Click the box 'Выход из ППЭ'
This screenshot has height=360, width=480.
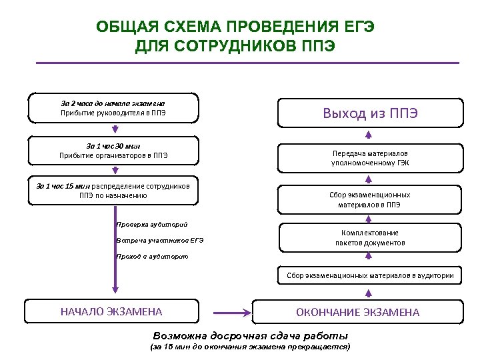370,113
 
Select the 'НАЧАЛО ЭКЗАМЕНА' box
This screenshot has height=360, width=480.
111,311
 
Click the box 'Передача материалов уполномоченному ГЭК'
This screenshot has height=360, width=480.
370,157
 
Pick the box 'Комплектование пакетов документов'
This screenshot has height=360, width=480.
370,238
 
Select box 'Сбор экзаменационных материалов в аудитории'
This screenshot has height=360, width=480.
370,275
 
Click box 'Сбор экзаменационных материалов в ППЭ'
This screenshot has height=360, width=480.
370,199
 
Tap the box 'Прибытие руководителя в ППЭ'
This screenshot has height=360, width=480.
113,108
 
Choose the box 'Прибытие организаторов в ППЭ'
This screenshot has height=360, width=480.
113,151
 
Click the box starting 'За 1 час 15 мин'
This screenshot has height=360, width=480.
113,191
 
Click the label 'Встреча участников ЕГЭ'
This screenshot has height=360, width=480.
160,240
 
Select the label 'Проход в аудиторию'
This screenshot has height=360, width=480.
152,256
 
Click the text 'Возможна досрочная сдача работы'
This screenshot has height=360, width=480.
251,335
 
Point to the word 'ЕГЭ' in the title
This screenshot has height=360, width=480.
360,27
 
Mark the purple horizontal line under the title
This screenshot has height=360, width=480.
247,63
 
